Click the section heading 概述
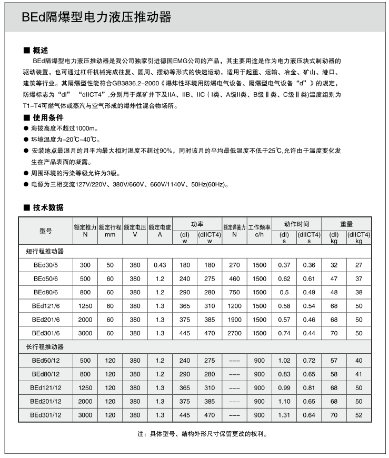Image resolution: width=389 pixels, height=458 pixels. coord(40,51)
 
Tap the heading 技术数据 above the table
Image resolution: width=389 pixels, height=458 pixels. coord(47,207)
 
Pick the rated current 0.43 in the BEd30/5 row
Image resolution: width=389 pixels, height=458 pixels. coord(160,265)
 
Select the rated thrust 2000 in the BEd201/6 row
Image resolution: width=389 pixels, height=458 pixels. coord(85,320)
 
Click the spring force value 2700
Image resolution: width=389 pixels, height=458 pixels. coord(234,333)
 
